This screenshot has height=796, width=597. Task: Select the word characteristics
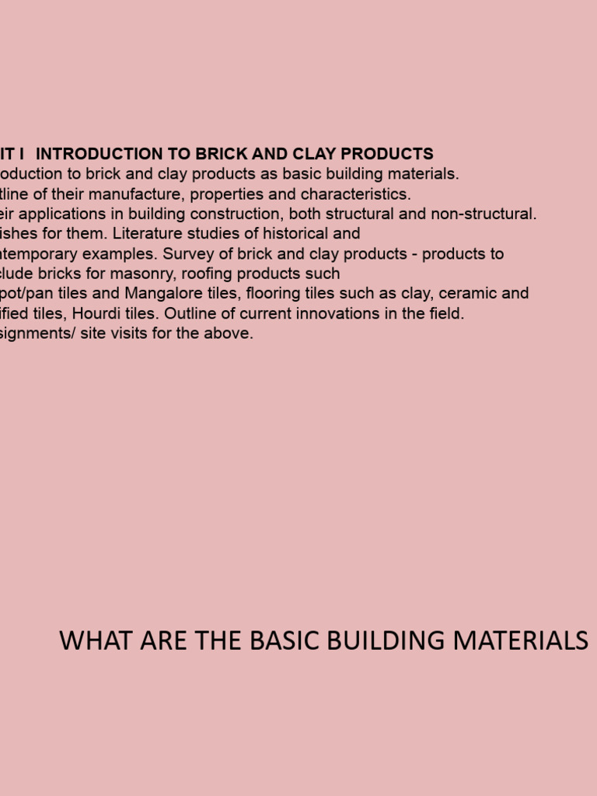click(x=355, y=194)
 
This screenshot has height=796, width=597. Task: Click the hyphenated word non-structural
click(x=486, y=214)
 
